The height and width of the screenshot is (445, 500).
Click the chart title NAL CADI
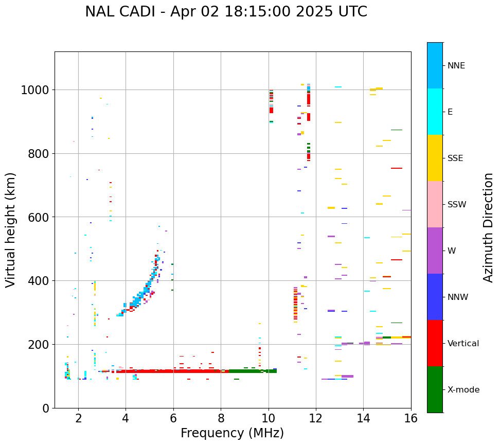pyautogui.click(x=226, y=12)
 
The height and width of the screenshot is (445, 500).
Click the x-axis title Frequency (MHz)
pyautogui.click(x=232, y=433)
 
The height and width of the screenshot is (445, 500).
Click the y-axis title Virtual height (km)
pyautogui.click(x=11, y=230)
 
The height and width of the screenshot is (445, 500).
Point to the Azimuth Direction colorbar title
pyautogui.click(x=488, y=227)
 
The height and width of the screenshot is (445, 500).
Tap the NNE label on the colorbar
pyautogui.click(x=456, y=65)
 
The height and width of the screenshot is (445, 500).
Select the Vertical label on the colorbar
pyautogui.click(x=463, y=343)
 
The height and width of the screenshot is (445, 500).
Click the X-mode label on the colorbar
pyautogui.click(x=463, y=389)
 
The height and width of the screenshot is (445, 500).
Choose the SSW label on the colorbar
pyautogui.click(x=457, y=204)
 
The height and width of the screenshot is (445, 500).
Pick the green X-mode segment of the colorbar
pyautogui.click(x=435, y=389)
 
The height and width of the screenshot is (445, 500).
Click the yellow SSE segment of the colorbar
pyautogui.click(x=435, y=158)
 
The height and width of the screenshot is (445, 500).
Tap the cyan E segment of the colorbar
pyautogui.click(x=435, y=112)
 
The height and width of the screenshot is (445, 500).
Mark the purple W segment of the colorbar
pyautogui.click(x=435, y=251)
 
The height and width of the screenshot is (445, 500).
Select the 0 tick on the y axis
pyautogui.click(x=46, y=408)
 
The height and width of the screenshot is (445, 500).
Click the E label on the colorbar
pyautogui.click(x=450, y=112)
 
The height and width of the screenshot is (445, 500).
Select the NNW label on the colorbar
pyautogui.click(x=457, y=297)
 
